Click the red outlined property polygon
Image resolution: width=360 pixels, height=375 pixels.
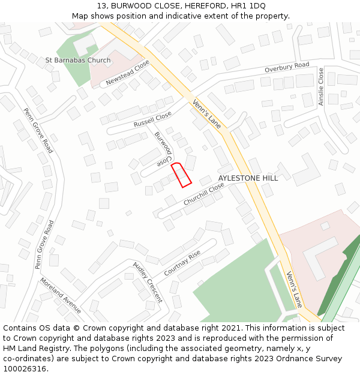[181, 175]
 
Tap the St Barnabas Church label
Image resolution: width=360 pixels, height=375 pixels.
[78, 61]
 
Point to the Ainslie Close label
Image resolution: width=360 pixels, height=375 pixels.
[321, 87]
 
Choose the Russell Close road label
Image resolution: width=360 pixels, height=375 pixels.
[152, 122]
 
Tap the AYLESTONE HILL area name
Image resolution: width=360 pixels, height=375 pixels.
[248, 179]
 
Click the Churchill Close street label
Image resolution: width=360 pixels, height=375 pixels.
[204, 195]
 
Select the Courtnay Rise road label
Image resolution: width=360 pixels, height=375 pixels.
[182, 263]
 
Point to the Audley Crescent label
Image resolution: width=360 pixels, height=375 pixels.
[148, 281]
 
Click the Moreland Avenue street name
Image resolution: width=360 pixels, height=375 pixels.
[61, 295]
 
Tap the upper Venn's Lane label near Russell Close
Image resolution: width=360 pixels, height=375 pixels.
[207, 114]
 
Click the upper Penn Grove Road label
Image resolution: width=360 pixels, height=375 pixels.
[38, 130]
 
